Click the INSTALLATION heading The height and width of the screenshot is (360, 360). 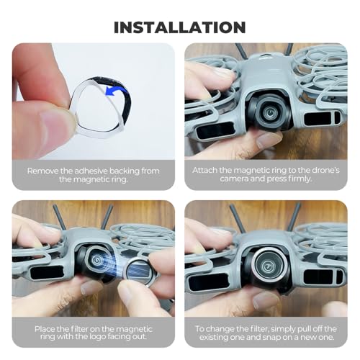coord(180,27)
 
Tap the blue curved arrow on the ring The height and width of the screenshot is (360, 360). coord(116,91)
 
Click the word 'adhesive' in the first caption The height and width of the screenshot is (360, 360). coord(91,171)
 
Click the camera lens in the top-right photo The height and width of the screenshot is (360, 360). coord(269,111)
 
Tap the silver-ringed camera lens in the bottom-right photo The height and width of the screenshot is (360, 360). coord(266,265)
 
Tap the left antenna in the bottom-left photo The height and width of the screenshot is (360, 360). coord(59,217)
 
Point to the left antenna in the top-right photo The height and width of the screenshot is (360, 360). coord(241,51)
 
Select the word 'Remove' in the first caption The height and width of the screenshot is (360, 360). coord(42,171)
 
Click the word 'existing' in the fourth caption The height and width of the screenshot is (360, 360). coord(214,337)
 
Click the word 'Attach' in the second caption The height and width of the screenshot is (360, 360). coord(204,170)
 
